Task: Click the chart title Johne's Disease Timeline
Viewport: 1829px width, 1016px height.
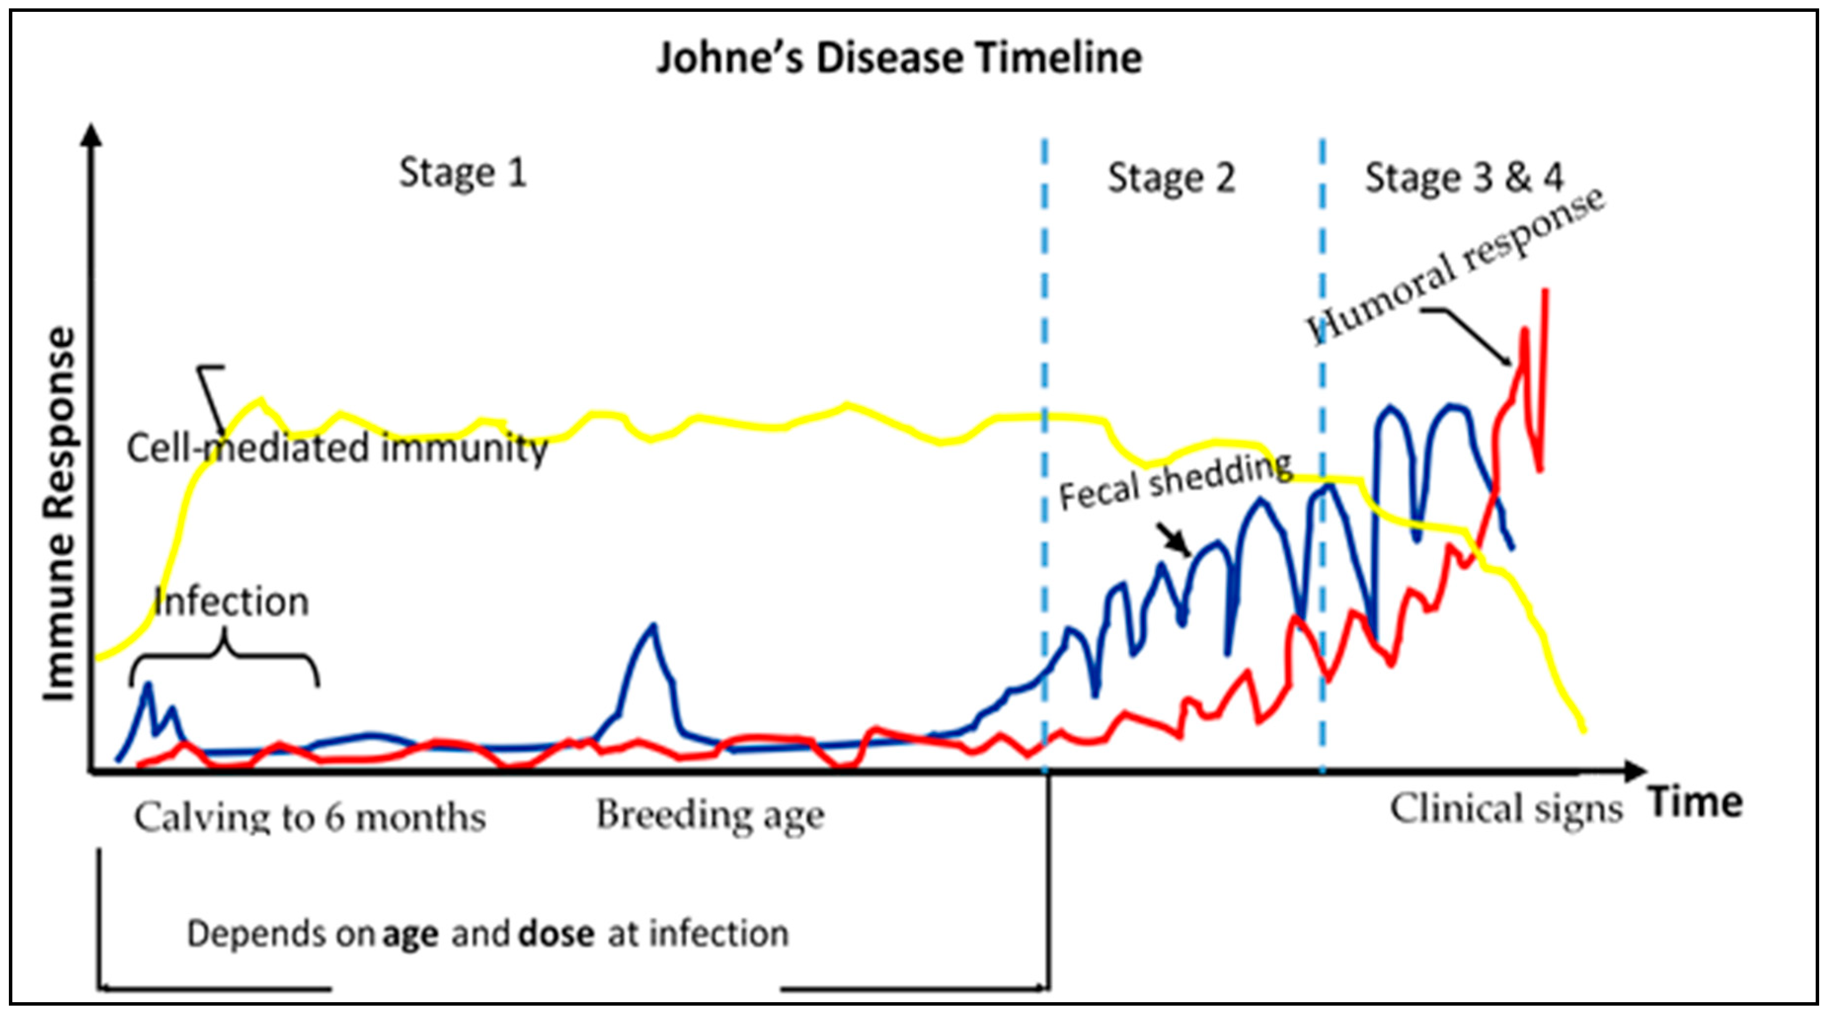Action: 899,58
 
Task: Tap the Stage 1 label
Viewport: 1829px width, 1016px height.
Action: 463,173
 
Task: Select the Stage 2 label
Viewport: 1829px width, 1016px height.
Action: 1172,178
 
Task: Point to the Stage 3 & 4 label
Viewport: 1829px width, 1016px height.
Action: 1464,178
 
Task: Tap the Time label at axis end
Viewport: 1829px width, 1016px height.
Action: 1696,803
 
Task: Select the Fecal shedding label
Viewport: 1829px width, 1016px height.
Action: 1175,482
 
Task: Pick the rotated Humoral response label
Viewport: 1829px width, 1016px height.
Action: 1455,266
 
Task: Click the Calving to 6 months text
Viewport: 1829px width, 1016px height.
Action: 310,817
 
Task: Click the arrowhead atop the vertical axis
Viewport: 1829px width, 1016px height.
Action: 91,134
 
